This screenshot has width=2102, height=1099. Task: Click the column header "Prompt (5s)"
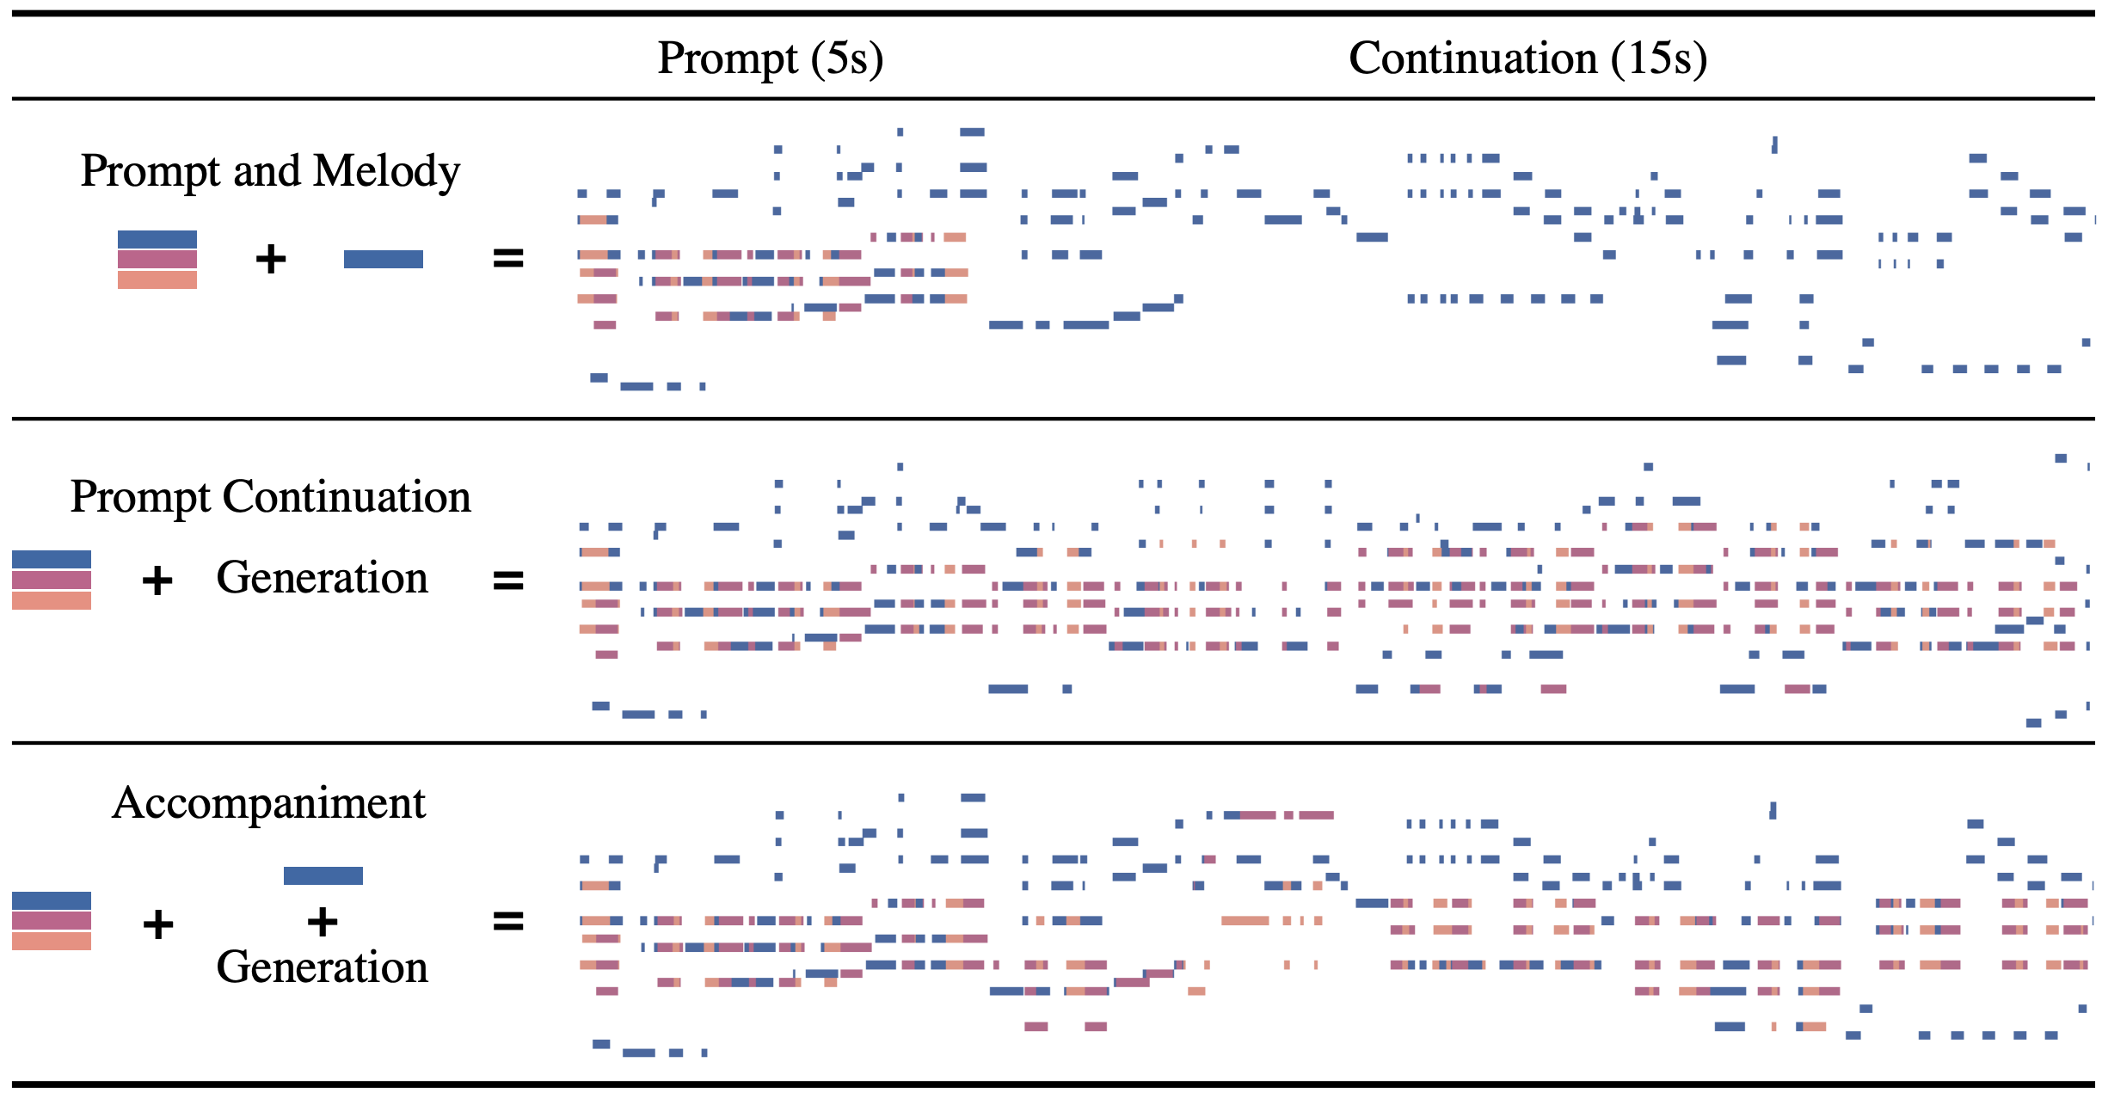(x=770, y=58)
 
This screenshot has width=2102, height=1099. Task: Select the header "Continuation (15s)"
(x=1527, y=58)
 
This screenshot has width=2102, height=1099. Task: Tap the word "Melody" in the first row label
(x=386, y=171)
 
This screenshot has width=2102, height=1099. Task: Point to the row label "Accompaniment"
(x=269, y=803)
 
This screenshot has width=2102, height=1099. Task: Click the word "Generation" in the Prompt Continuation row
(x=322, y=578)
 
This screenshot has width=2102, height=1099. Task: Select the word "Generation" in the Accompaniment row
(x=322, y=967)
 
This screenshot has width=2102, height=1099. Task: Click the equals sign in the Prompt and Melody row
(x=507, y=258)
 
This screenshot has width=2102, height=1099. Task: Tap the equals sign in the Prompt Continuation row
(x=507, y=580)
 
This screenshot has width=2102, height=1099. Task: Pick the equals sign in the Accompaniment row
(x=507, y=922)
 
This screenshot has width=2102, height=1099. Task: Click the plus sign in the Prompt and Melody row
(x=271, y=259)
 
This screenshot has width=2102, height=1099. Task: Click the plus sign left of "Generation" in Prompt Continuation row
(x=157, y=580)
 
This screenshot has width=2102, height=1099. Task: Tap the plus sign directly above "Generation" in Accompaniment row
(x=323, y=922)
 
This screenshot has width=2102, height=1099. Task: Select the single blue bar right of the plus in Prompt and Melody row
(x=383, y=259)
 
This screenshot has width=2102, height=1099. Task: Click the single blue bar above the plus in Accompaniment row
(x=323, y=875)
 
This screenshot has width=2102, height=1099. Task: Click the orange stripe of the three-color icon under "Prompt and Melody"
(x=157, y=280)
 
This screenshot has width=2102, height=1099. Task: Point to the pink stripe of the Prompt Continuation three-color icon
(x=52, y=580)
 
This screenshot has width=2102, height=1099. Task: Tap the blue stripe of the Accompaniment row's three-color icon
(x=52, y=900)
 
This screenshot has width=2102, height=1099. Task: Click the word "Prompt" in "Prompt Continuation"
(x=140, y=497)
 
